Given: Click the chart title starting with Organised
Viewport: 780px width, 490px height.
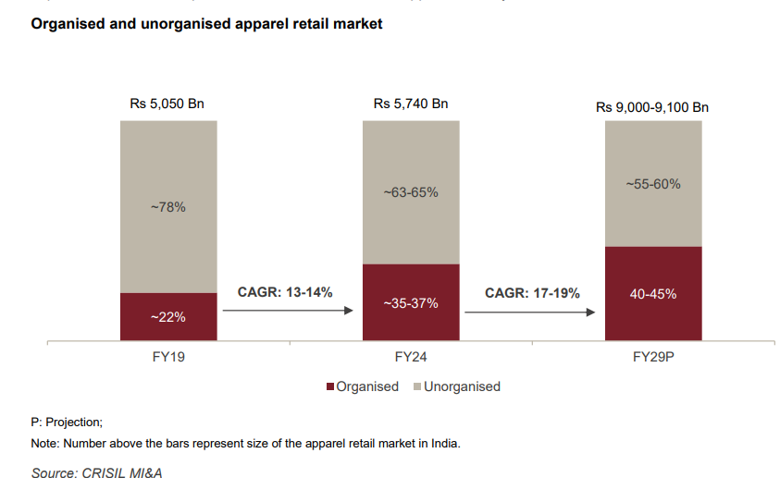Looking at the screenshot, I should (206, 24).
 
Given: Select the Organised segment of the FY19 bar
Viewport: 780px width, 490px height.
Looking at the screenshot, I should (168, 317).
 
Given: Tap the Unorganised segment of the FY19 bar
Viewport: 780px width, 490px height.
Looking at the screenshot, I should (168, 207).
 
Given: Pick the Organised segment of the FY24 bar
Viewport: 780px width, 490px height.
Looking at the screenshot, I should (411, 302).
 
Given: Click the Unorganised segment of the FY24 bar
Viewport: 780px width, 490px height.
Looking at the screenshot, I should (411, 192).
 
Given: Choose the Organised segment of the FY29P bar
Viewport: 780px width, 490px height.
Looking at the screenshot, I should (652, 294).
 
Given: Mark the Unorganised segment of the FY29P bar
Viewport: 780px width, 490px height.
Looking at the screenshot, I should (652, 184).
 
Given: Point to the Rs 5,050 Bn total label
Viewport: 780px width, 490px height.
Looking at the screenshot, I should (167, 104).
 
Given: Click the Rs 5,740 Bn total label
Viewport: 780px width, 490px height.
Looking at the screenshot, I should (411, 104).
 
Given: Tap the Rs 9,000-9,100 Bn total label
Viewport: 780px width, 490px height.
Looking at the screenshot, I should (652, 107).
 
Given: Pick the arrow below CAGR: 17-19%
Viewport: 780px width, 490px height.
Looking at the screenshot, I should (529, 312).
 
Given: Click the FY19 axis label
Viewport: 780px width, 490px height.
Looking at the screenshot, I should (168, 355).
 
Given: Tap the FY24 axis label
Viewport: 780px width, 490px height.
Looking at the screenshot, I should (411, 355).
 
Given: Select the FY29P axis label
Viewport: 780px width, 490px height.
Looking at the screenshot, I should (652, 355).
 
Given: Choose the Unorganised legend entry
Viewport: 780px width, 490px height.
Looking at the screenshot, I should (462, 386).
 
